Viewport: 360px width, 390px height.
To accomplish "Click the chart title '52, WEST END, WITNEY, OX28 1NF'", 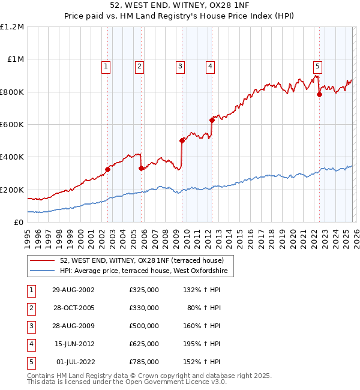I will coord(180,5).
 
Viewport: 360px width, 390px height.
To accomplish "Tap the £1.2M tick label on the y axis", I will coord(12,27).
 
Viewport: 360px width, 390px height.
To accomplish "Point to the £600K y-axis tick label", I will coord(12,125).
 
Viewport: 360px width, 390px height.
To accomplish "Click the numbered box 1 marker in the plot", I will coord(106,67).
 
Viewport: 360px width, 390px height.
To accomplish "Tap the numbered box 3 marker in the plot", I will coord(180,67).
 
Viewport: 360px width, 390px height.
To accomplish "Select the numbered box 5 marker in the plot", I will coord(317,67).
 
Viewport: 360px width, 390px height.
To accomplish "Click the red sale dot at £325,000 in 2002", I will coord(108,169).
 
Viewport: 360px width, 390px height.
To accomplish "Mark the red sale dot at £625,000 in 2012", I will coord(212,120).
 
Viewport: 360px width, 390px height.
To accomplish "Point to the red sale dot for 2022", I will coord(319,94).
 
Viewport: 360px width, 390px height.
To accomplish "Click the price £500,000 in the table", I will coord(144,326).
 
